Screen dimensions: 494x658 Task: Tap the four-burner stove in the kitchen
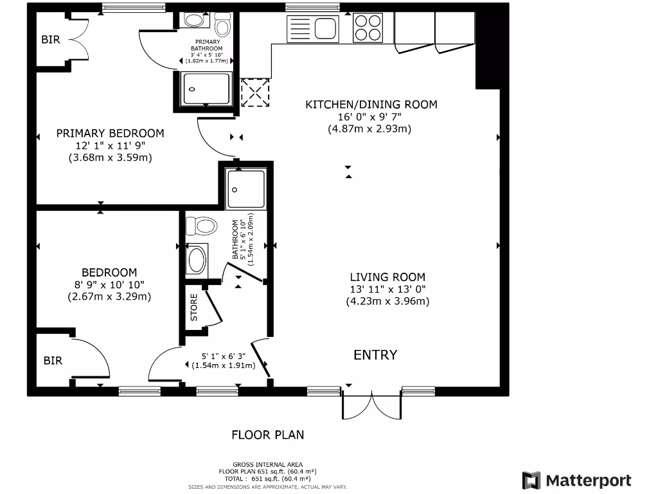pyautogui.click(x=368, y=28)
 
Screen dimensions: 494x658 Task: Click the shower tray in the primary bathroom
pyautogui.click(x=206, y=89)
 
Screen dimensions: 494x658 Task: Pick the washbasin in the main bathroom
pyautogui.click(x=195, y=259)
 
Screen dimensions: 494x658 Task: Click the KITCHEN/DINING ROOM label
pyautogui.click(x=371, y=104)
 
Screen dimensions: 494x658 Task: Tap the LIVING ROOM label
pyautogui.click(x=387, y=277)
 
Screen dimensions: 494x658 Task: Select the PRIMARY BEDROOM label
pyautogui.click(x=110, y=133)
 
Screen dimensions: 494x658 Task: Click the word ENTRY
pyautogui.click(x=375, y=355)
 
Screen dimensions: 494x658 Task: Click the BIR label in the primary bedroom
pyautogui.click(x=51, y=40)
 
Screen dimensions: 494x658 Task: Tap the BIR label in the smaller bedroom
pyautogui.click(x=53, y=361)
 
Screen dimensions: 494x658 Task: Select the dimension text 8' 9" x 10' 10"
pyautogui.click(x=109, y=284)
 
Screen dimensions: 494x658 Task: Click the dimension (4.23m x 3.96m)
pyautogui.click(x=387, y=300)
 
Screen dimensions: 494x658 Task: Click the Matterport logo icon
pyautogui.click(x=531, y=480)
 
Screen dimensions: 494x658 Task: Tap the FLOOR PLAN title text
pyautogui.click(x=267, y=435)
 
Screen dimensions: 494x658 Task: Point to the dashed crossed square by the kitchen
pyautogui.click(x=255, y=92)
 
